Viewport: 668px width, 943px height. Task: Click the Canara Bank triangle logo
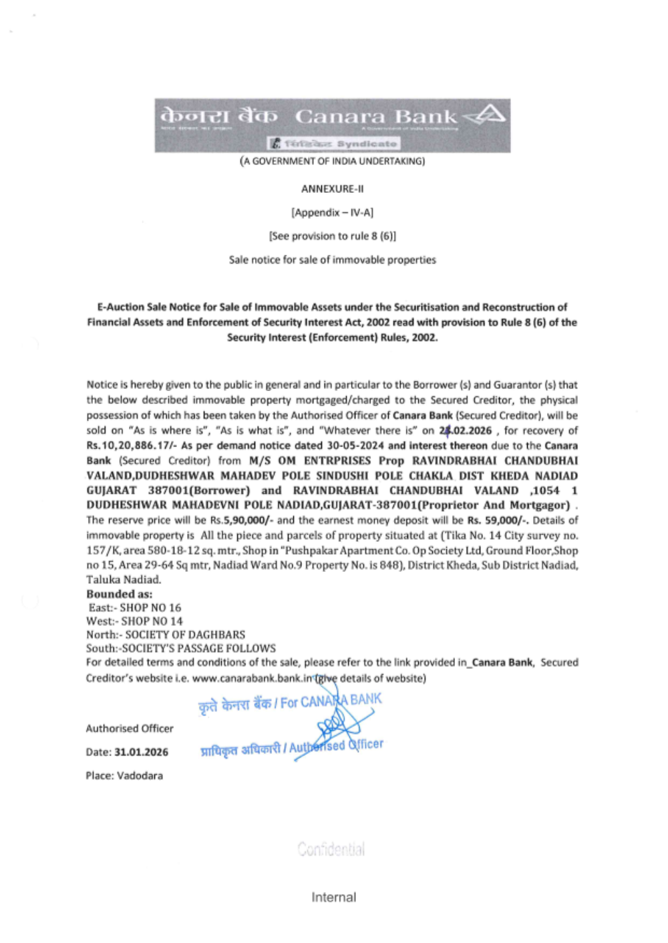pyautogui.click(x=486, y=115)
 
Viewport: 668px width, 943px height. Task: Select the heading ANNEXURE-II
pyautogui.click(x=332, y=189)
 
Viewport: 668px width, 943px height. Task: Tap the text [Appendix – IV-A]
pyautogui.click(x=332, y=212)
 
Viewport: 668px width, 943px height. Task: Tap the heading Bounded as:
pyautogui.click(x=119, y=594)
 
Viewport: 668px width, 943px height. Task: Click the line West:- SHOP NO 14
pyautogui.click(x=134, y=621)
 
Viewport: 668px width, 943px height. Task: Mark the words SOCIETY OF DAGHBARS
pyautogui.click(x=185, y=635)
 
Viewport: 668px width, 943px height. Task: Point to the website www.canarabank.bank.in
pyautogui.click(x=253, y=678)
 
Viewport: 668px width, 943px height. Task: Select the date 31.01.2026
pyautogui.click(x=141, y=752)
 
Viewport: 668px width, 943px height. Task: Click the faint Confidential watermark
pyautogui.click(x=331, y=850)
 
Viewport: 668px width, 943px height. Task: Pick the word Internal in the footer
pyautogui.click(x=333, y=898)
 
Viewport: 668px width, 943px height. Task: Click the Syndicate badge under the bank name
pyautogui.click(x=334, y=143)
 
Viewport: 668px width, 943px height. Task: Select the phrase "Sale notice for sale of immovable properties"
pyautogui.click(x=332, y=260)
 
